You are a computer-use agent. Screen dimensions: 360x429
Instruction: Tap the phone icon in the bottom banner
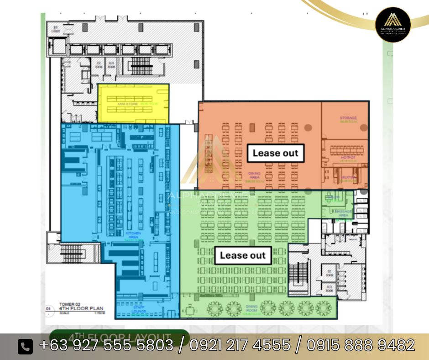pyautogui.click(x=26, y=346)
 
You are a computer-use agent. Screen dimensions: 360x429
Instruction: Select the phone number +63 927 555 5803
pyautogui.click(x=106, y=345)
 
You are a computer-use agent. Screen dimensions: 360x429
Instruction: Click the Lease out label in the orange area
pyautogui.click(x=275, y=153)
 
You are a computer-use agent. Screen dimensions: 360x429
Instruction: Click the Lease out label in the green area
pyautogui.click(x=242, y=255)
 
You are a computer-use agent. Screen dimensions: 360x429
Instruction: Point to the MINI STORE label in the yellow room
pyautogui.click(x=128, y=104)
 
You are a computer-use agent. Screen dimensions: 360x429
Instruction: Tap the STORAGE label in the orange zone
pyautogui.click(x=348, y=118)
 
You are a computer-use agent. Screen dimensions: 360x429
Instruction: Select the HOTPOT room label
pyautogui.click(x=348, y=158)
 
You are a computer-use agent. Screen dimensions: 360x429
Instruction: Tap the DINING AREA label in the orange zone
pyautogui.click(x=254, y=175)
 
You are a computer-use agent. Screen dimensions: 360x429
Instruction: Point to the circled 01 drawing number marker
pyautogui.click(x=48, y=308)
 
